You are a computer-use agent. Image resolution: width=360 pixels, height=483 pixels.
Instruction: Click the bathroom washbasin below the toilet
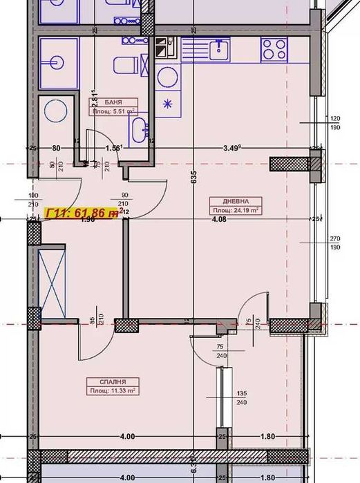(138, 127)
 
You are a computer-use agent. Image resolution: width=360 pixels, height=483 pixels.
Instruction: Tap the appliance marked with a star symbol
(167, 104)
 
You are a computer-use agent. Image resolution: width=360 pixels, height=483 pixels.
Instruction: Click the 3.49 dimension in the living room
(231, 147)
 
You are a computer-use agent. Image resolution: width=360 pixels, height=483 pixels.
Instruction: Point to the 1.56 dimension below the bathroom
(113, 147)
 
